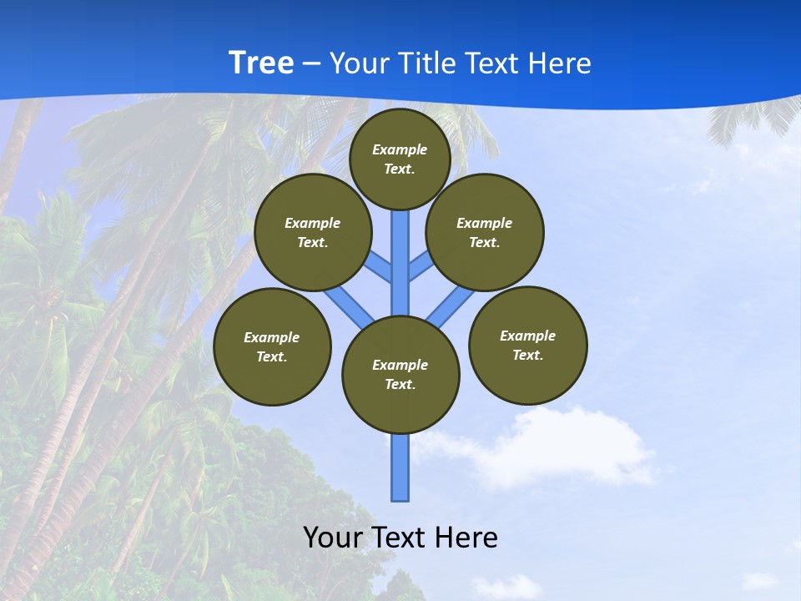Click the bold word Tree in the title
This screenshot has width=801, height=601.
(261, 63)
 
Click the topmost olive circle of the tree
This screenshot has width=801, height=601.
(400, 159)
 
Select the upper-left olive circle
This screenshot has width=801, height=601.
(312, 232)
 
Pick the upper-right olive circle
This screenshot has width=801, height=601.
(485, 232)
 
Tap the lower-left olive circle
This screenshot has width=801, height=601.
(272, 346)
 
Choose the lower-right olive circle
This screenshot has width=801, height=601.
(527, 345)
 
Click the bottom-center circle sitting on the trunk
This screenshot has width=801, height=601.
(400, 374)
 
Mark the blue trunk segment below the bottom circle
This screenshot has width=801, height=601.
(400, 467)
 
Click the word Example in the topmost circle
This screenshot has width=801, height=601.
(400, 150)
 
